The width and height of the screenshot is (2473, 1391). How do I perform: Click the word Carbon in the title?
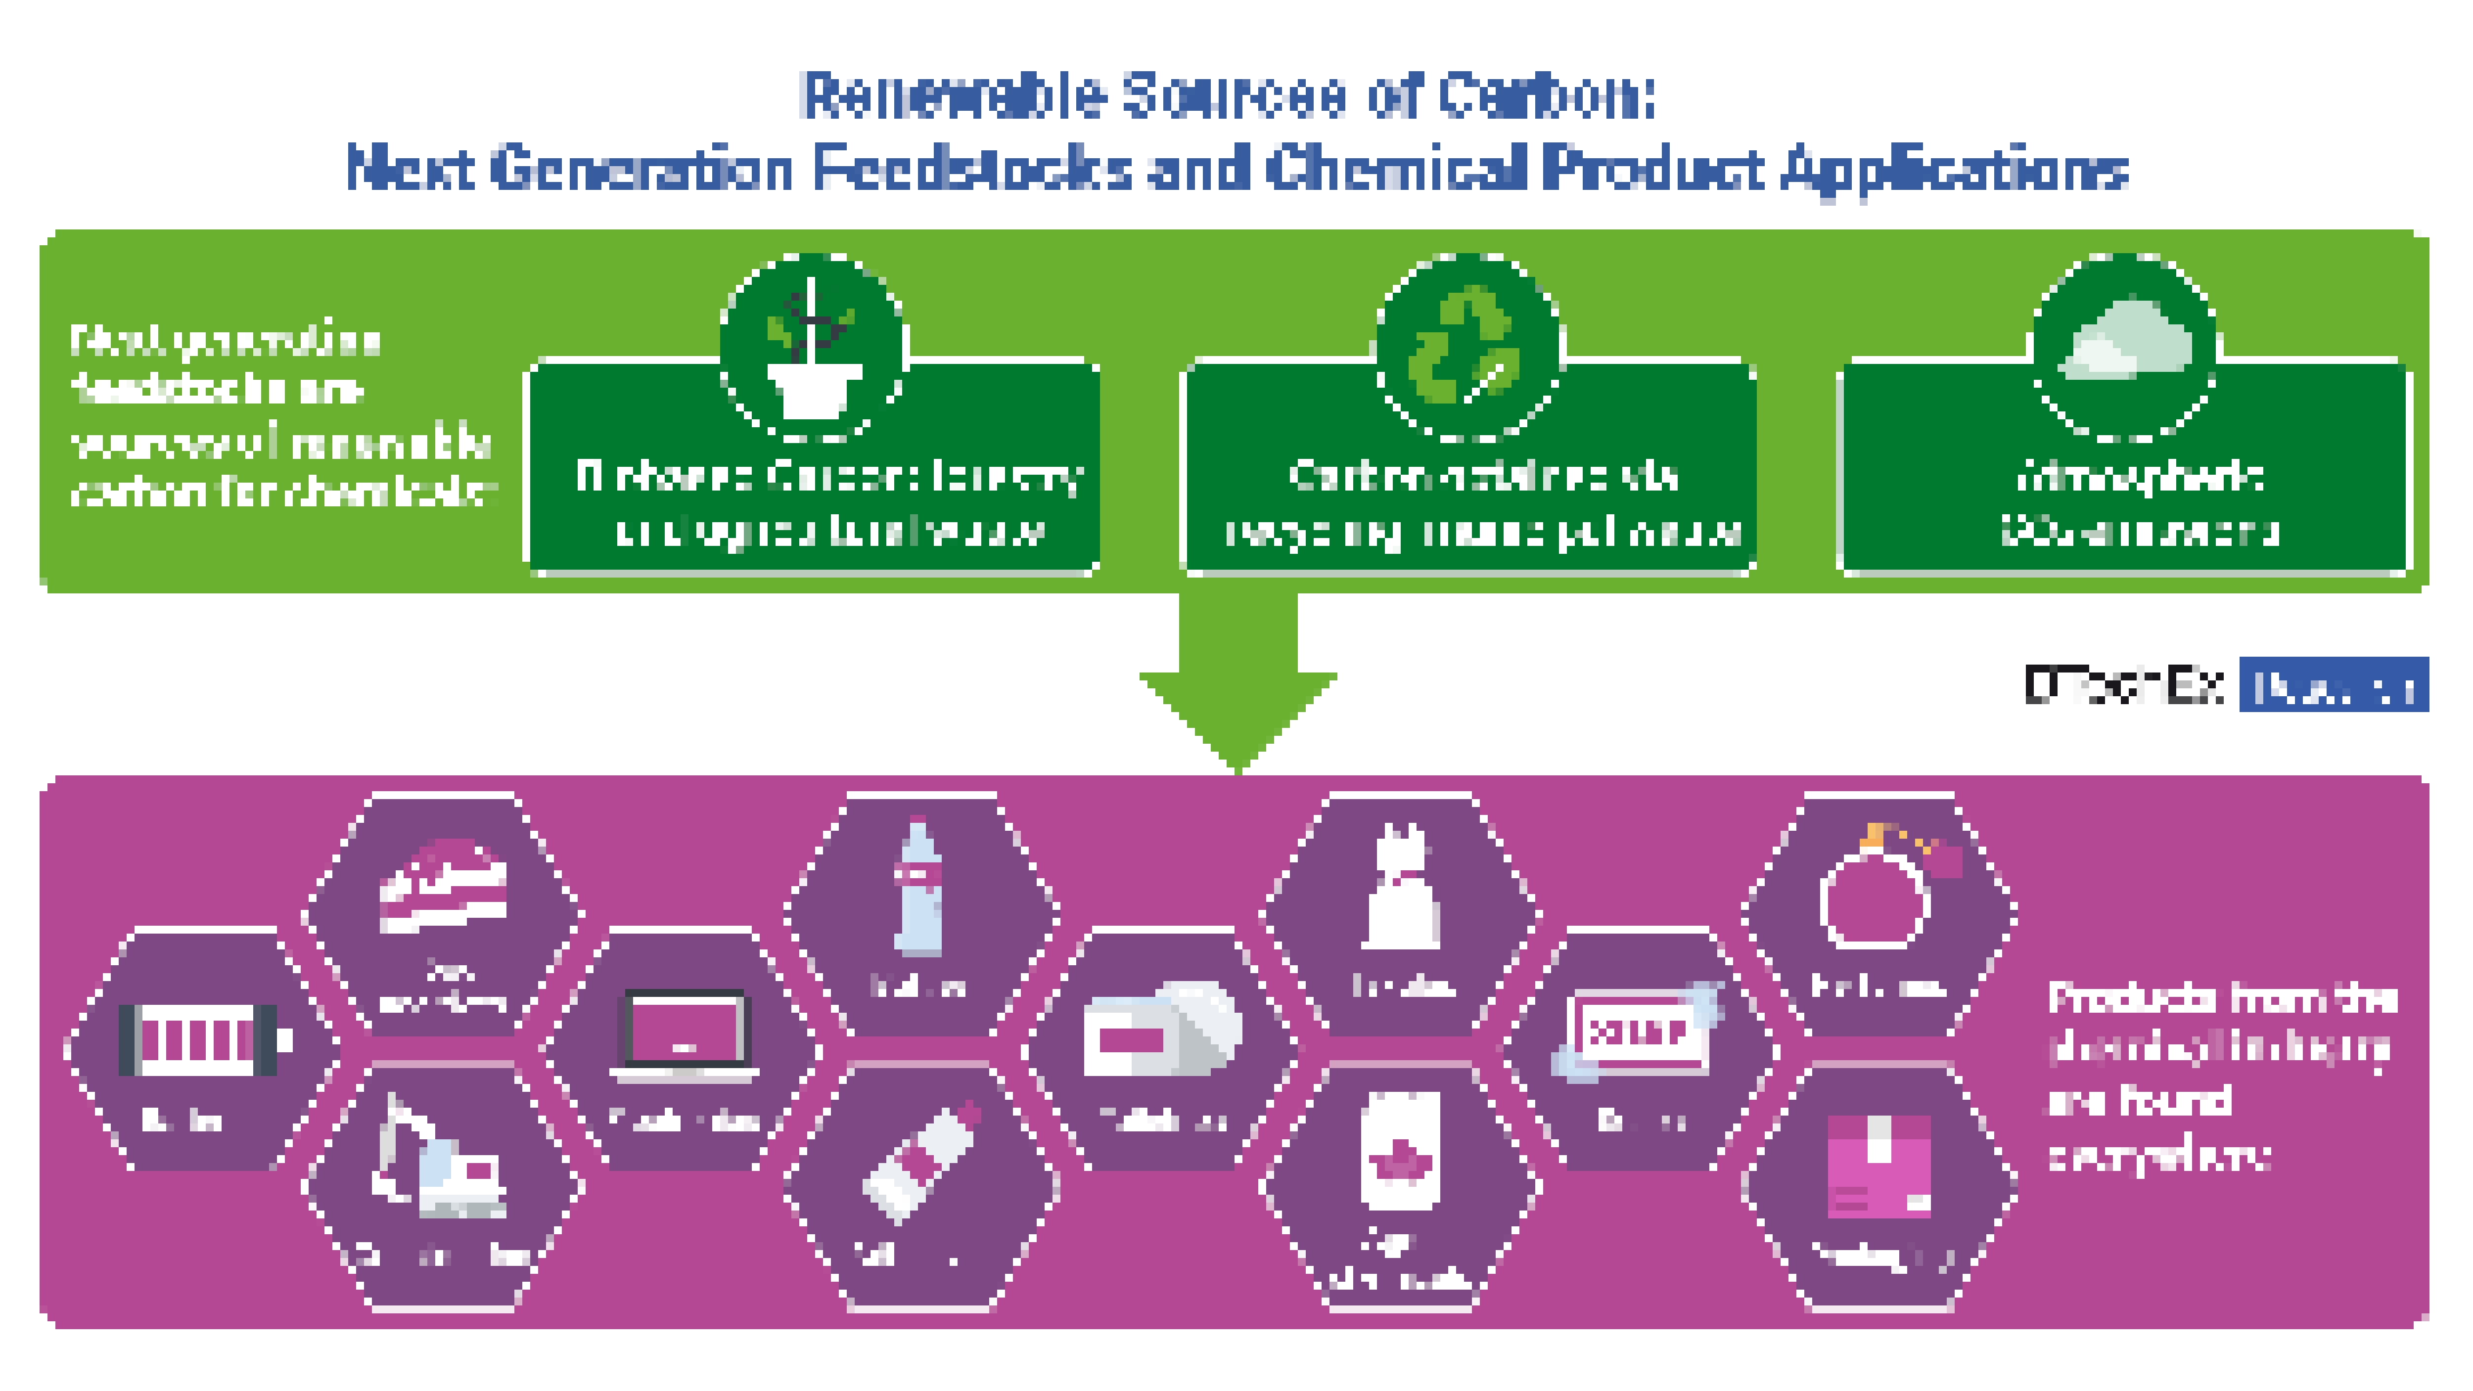click(1546, 96)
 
